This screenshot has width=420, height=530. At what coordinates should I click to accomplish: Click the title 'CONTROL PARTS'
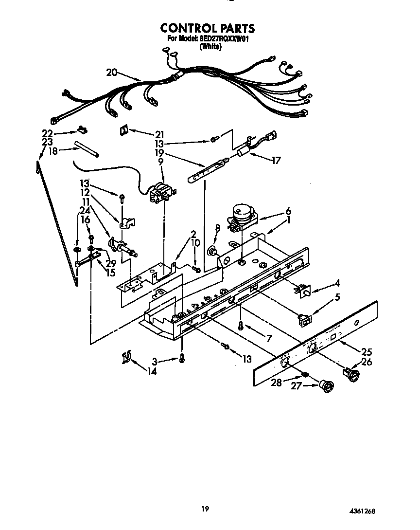pos(208,28)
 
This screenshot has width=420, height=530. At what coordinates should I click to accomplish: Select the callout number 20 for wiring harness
pos(111,73)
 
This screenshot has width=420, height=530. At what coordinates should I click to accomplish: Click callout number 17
pos(276,160)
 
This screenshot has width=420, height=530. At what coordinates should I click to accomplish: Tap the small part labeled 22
pos(81,130)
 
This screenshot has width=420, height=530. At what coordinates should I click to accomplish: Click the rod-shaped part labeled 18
pos(87,149)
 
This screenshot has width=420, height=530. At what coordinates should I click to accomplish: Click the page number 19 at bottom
pos(205,509)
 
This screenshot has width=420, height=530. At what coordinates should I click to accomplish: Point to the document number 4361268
pos(362,512)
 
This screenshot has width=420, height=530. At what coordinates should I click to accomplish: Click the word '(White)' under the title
pos(210,47)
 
